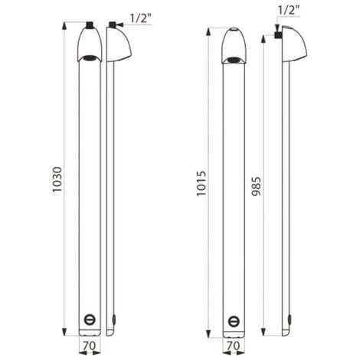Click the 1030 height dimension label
tap(57, 179)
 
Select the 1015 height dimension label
tap(201, 183)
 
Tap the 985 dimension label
tap(257, 186)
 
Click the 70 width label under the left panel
tap(90, 345)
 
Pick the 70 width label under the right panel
tap(234, 345)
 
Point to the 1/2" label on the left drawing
tap(141, 18)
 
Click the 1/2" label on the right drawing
tap(288, 11)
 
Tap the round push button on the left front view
tap(90, 319)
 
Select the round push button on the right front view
tap(234, 321)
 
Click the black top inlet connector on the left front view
tap(89, 25)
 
